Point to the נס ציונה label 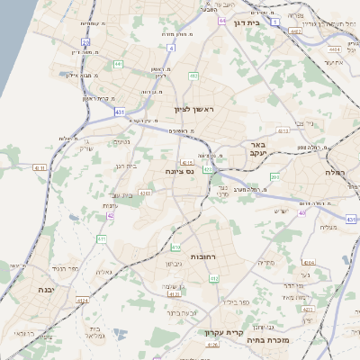pos(181,171)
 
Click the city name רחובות pos(185,256)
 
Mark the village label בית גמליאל pos(95,332)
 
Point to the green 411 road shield pos(102,238)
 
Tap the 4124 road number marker pos(83,300)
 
